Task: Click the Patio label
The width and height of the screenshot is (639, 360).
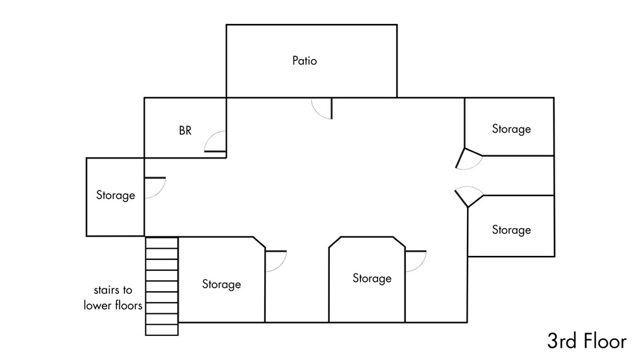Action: coord(304,62)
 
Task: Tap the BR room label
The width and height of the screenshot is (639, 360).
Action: coord(185,131)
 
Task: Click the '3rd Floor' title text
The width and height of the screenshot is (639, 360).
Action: coord(586,341)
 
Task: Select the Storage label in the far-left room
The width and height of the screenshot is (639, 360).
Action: coord(116,195)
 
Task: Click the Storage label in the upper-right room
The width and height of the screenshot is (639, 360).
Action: coord(511,129)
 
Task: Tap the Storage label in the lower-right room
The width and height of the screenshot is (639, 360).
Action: coord(511,230)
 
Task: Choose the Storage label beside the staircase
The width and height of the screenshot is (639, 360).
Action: coord(221,284)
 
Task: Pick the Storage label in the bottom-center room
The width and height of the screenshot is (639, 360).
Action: coord(372,278)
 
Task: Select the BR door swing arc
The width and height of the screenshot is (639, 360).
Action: coord(216,142)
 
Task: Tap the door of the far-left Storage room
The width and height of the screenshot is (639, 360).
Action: coord(155,187)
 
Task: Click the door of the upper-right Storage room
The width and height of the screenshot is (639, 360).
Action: coord(468,159)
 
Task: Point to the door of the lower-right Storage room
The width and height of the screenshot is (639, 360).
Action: coord(468,195)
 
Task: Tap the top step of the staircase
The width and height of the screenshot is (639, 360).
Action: coord(162,242)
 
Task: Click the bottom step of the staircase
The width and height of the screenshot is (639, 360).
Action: coord(162,329)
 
